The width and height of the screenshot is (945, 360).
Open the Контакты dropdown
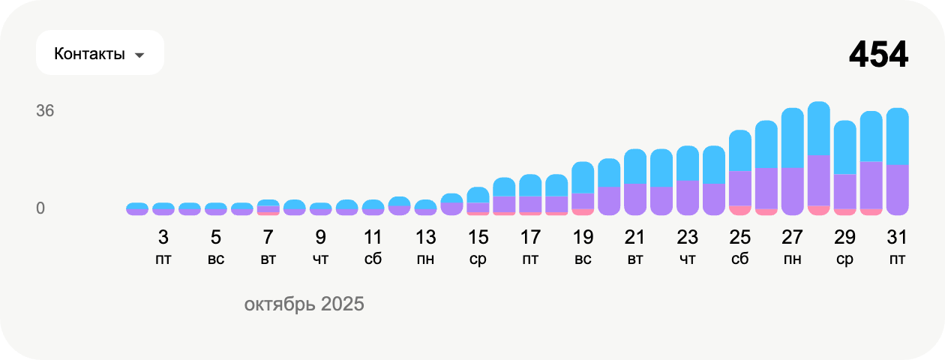100,52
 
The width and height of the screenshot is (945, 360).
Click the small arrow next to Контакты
139,55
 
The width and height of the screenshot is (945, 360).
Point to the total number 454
878,55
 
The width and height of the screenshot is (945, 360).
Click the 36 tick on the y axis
45,110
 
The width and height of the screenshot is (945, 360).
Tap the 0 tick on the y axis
40,208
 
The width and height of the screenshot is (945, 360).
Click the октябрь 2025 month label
304,304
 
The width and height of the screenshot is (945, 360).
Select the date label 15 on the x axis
478,237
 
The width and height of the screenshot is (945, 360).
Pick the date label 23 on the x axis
688,237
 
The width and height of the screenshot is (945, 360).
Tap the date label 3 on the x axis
163,237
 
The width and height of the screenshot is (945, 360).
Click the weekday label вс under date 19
583,259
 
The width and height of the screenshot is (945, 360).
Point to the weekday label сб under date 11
373,259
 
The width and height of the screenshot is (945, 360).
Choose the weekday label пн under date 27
792,259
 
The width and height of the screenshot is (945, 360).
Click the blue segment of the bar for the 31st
897,136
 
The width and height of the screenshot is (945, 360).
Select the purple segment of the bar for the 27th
792,191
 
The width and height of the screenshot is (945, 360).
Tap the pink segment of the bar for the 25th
740,210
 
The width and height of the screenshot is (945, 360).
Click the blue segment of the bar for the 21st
635,166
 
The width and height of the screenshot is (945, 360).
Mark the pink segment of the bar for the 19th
583,211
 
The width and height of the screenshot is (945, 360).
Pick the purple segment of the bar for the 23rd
688,198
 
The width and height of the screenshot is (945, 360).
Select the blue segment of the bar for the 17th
530,185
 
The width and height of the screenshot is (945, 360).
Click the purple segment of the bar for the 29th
845,191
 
